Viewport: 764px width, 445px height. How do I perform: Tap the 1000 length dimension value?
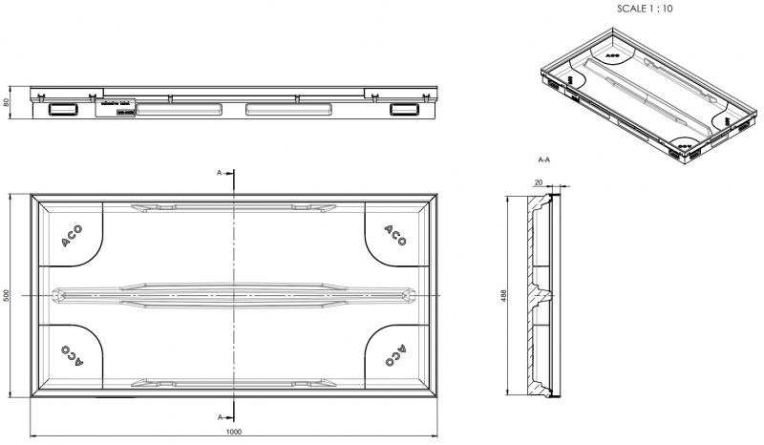(x=233, y=431)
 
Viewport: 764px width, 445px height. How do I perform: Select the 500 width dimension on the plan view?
(x=6, y=296)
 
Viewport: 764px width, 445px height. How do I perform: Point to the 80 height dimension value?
(x=6, y=103)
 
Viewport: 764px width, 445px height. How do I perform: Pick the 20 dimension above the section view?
(x=539, y=181)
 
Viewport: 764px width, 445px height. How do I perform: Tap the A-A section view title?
(x=544, y=159)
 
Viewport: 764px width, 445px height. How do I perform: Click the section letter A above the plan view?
(x=220, y=173)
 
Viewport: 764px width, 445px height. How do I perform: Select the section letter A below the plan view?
(x=220, y=417)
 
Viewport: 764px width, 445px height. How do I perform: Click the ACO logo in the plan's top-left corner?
(x=73, y=237)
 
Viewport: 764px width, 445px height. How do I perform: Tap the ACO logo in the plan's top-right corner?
(x=394, y=236)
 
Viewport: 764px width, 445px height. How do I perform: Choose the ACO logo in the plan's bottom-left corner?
(x=73, y=355)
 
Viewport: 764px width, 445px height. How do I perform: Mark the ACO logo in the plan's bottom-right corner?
(x=394, y=355)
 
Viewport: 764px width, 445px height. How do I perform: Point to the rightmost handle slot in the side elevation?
(x=403, y=110)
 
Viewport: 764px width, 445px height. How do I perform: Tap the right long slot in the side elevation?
(x=285, y=110)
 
